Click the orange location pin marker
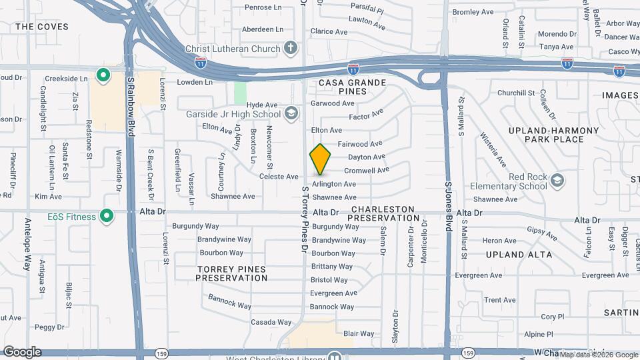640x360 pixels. [321, 159]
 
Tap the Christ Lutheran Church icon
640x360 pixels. [290, 47]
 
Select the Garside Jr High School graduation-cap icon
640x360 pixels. [291, 113]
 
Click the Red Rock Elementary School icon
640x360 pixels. [557, 180]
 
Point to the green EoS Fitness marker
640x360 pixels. [105, 216]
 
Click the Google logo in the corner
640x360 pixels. [22, 352]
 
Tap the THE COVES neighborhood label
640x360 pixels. [33, 27]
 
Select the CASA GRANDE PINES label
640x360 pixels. [353, 86]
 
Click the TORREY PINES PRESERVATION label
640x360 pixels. [231, 273]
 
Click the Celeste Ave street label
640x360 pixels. [279, 177]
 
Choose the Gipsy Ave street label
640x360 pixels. [542, 233]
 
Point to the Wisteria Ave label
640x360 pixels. [493, 149]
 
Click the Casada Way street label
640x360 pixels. [271, 322]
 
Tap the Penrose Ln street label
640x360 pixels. [263, 7]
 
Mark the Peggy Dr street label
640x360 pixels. [49, 327]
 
